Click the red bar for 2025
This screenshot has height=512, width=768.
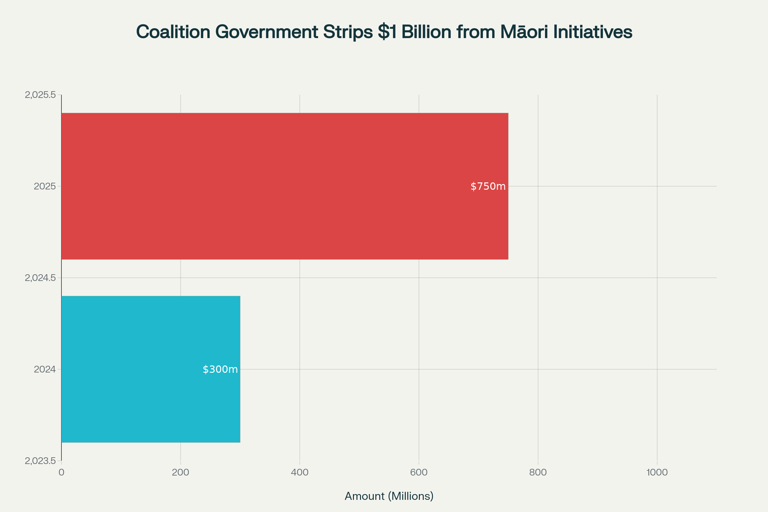(x=284, y=186)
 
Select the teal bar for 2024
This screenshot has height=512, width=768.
(x=150, y=369)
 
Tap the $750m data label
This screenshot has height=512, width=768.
(x=488, y=187)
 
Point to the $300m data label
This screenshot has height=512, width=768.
(x=220, y=369)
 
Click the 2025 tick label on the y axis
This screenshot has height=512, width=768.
(x=45, y=187)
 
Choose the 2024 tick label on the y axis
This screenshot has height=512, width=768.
(x=45, y=369)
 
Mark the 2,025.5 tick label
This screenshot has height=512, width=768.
(x=40, y=95)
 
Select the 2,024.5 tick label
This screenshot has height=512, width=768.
(x=40, y=278)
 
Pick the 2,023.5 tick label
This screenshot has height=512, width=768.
(x=40, y=461)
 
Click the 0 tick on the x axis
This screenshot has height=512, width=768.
(x=61, y=472)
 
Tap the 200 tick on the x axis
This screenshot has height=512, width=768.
(x=180, y=472)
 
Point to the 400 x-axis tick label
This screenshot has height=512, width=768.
(x=300, y=472)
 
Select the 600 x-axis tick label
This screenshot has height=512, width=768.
(x=419, y=472)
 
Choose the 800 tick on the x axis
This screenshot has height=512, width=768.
(x=538, y=472)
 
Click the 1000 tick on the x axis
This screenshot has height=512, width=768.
(x=657, y=472)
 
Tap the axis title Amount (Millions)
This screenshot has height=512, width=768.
(x=389, y=496)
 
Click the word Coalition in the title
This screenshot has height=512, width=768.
(x=173, y=32)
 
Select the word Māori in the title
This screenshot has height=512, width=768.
(x=524, y=32)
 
